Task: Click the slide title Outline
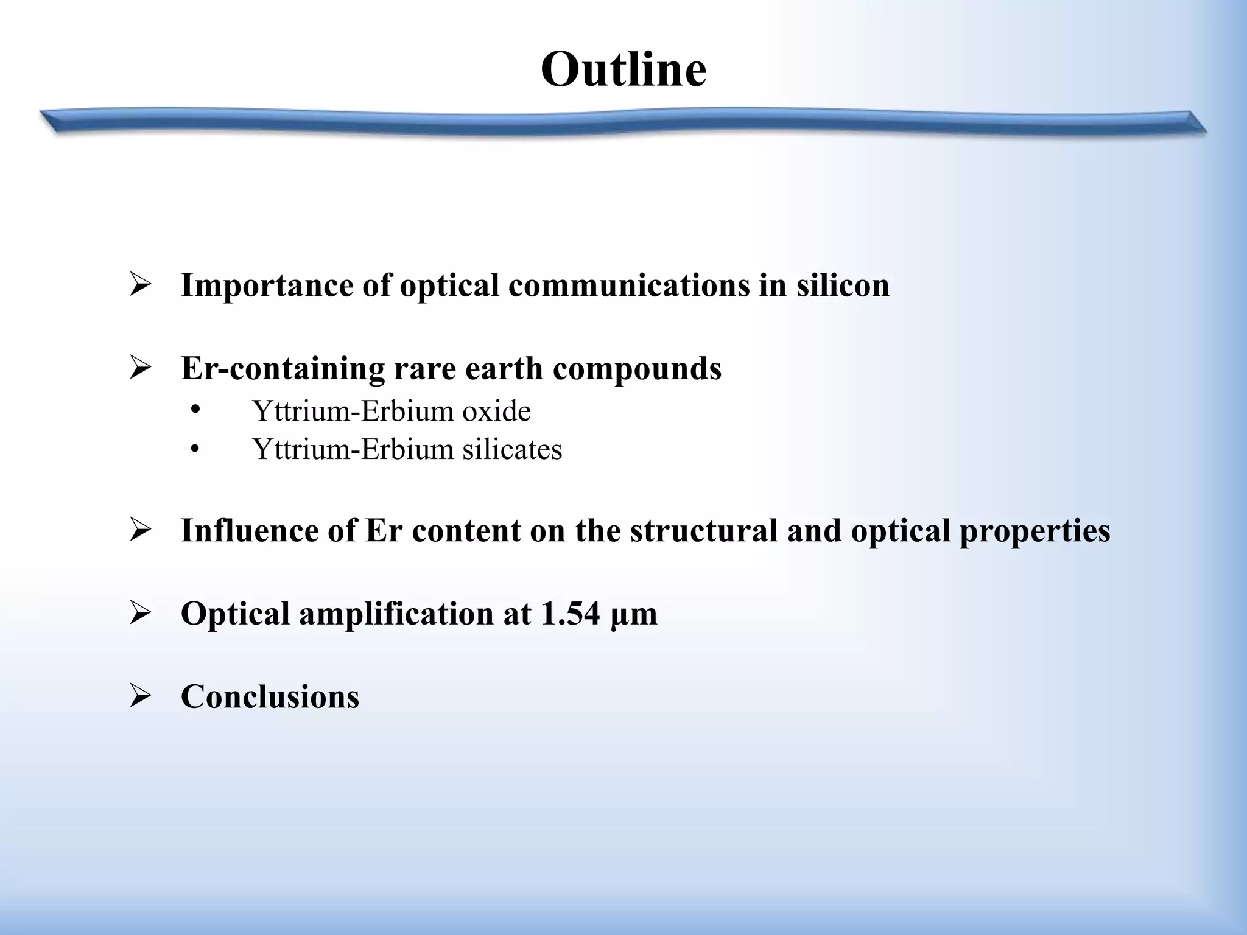click(x=623, y=69)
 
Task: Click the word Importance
click(x=266, y=285)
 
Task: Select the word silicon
click(x=843, y=285)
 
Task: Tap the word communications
click(x=629, y=285)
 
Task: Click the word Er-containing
click(x=283, y=368)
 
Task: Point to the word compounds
click(x=637, y=368)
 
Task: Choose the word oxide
click(x=496, y=411)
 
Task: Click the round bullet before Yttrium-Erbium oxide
click(x=195, y=410)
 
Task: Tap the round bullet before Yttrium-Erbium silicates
click(x=195, y=450)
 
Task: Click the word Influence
click(x=250, y=530)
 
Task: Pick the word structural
click(x=704, y=530)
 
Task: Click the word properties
click(x=1034, y=530)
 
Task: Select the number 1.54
click(x=571, y=613)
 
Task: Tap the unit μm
click(x=633, y=614)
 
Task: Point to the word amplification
click(x=396, y=613)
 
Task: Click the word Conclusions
click(x=270, y=696)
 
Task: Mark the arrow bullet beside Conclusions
click(x=140, y=696)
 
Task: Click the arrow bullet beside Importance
click(x=140, y=285)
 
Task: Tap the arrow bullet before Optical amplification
click(x=140, y=614)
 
